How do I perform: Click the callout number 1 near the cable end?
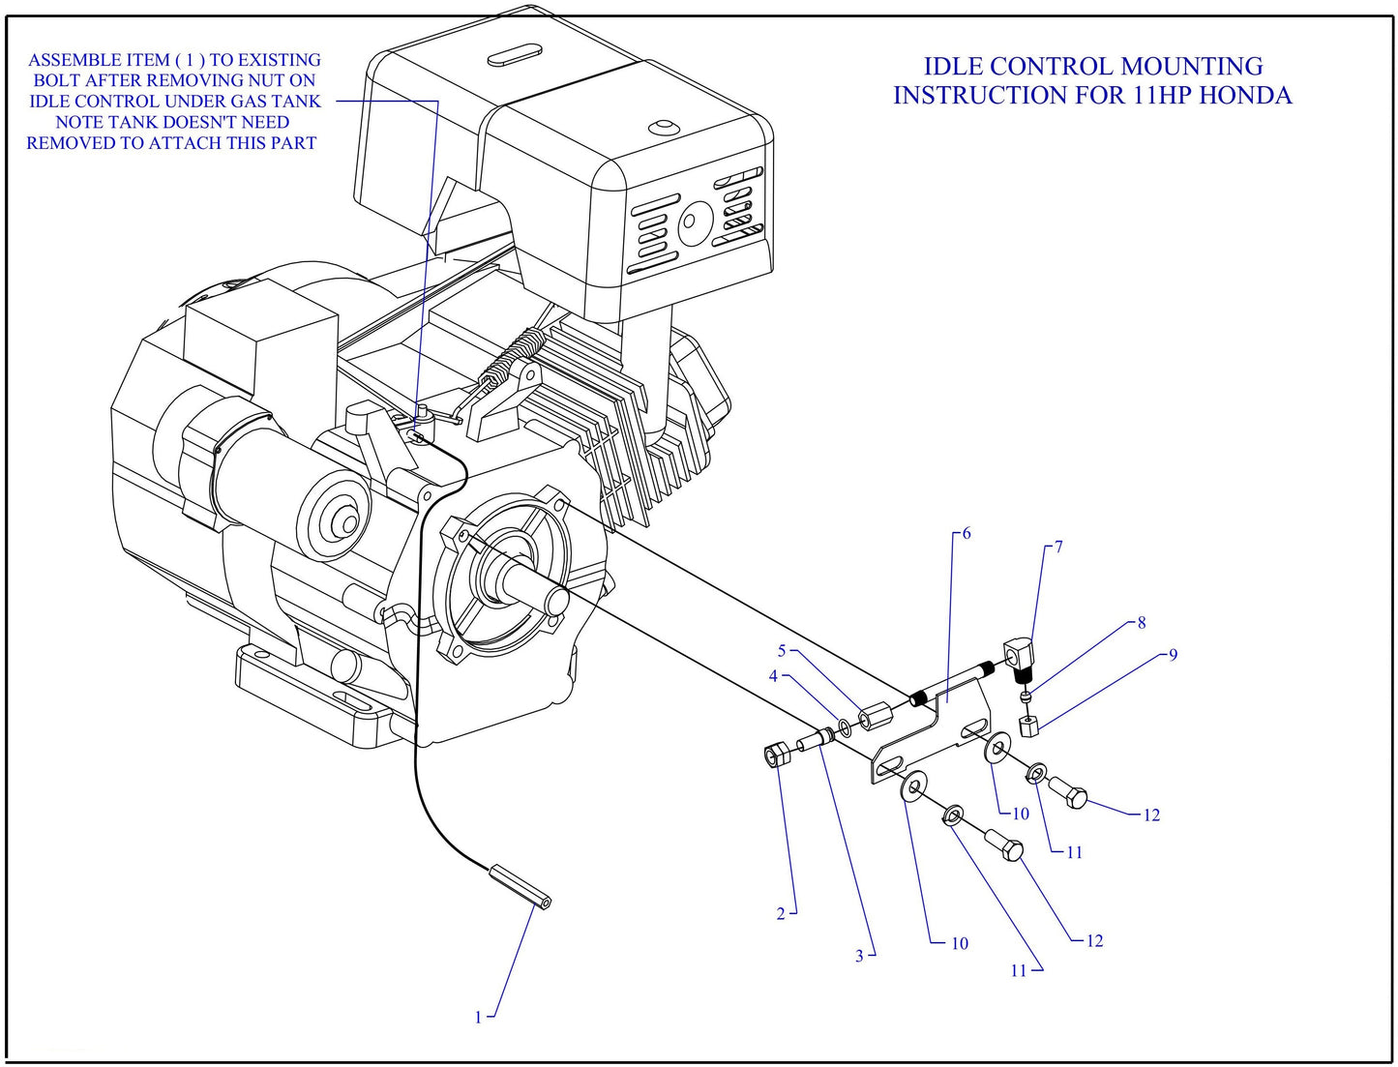(478, 1017)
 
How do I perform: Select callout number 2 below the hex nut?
(781, 913)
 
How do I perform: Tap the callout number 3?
(859, 956)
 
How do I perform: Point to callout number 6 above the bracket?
(967, 533)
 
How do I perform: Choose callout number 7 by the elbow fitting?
(1058, 547)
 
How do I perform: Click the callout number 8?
(1142, 622)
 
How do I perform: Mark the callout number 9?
(1173, 655)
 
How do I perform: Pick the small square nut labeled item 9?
(1029, 726)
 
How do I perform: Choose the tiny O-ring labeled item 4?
(844, 726)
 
